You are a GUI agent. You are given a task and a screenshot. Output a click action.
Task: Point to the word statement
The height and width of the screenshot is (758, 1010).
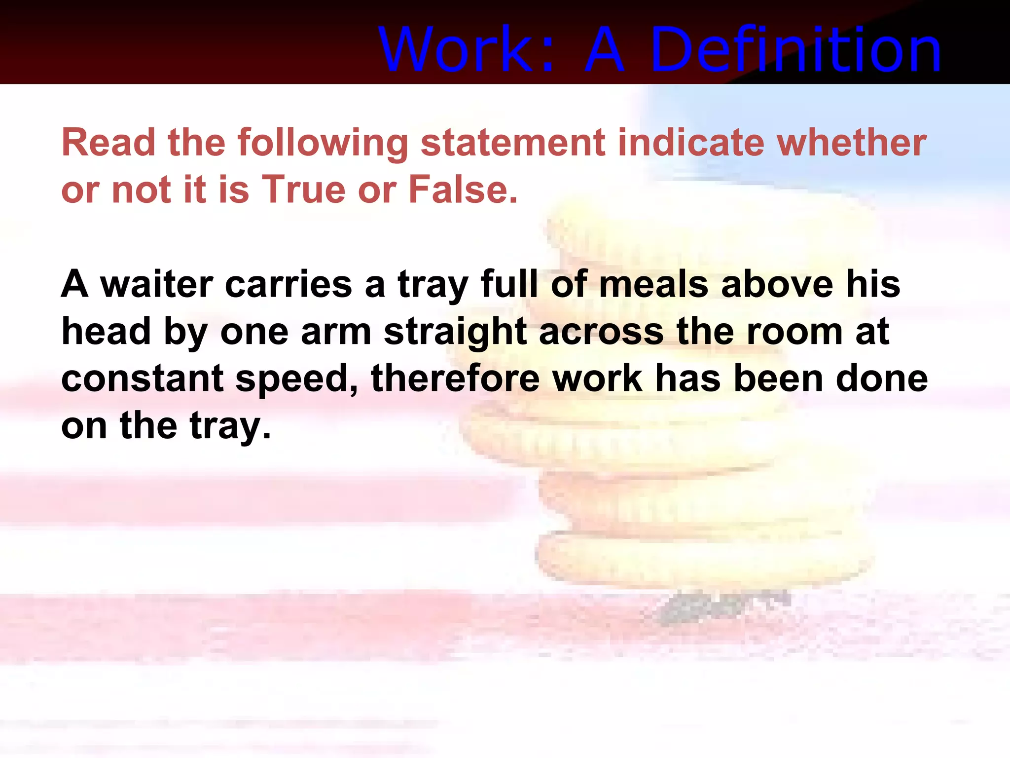(x=512, y=143)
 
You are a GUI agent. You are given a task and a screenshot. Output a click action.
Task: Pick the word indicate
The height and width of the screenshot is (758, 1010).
(x=691, y=143)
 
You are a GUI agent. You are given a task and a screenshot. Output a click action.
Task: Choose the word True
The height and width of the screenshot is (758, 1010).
(x=303, y=189)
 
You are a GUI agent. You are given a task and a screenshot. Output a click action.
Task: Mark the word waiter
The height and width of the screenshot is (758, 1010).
(x=156, y=285)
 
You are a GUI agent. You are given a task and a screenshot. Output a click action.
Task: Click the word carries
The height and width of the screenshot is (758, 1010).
(x=288, y=285)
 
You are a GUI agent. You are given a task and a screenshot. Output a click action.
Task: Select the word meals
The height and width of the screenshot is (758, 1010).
(x=653, y=285)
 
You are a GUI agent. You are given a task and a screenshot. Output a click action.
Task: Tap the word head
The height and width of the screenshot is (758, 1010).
(x=106, y=332)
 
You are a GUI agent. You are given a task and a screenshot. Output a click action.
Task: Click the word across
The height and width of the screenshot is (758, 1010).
(x=601, y=332)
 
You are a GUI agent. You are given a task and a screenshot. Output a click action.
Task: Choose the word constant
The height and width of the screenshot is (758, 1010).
(x=143, y=379)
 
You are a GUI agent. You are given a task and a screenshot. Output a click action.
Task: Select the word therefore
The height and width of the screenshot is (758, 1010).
(x=455, y=379)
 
